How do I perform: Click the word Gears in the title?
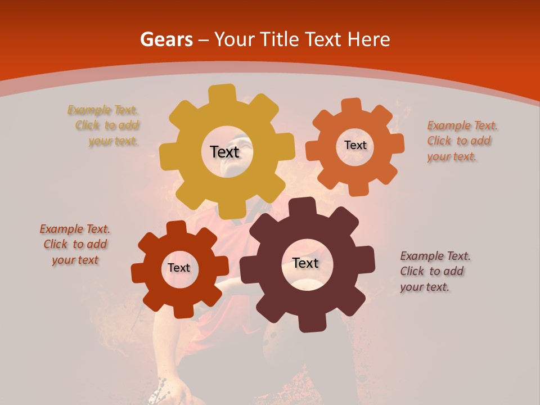point(165,39)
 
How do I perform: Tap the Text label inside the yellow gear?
point(224,152)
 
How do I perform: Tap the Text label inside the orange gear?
point(355,145)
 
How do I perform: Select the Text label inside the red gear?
point(179,268)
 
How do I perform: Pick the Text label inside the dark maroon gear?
point(305,263)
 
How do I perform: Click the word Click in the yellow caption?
point(87,125)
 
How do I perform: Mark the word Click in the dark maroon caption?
point(412,272)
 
